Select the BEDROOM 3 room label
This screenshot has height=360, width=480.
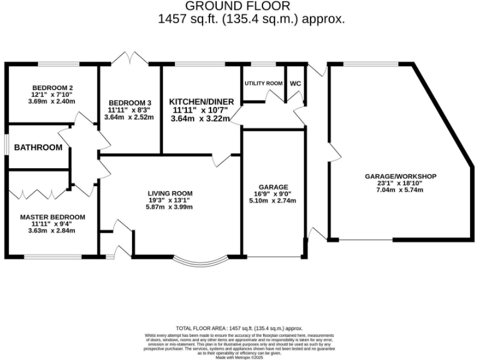129,102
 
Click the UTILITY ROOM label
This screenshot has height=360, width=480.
263,83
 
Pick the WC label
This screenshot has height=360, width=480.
295,83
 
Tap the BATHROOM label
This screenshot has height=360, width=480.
39,147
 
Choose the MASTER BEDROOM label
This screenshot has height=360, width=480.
52,217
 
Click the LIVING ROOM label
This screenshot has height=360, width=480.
170,193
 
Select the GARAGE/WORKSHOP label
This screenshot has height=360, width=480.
400,176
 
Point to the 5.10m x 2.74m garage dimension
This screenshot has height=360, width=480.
272,201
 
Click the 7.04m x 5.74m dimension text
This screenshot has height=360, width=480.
400,190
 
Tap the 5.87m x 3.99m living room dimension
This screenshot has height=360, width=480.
170,207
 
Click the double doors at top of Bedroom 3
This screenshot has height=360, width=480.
129,59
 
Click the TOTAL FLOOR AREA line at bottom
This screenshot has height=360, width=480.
239,328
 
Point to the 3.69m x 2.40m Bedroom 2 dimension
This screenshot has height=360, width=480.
51,101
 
